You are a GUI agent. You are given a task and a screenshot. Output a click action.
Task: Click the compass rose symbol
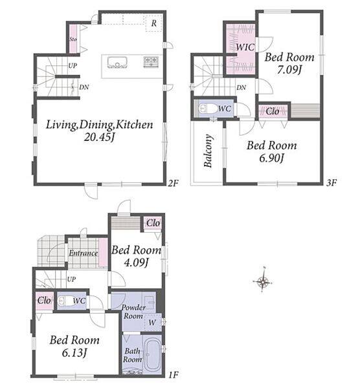point(263,281)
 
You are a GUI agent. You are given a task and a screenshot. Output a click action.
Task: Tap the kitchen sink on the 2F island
point(117,62)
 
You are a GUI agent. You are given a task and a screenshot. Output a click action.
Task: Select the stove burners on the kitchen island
point(151,62)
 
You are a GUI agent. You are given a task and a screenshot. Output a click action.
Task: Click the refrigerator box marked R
point(154,23)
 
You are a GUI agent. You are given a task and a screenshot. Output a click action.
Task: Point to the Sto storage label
point(73,39)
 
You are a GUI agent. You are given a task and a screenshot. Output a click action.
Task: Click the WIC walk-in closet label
point(245,47)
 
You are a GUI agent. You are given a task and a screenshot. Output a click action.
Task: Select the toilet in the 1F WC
point(65,301)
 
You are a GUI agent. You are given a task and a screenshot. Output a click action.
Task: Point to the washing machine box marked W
point(153,323)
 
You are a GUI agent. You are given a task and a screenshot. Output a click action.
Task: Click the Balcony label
point(208,151)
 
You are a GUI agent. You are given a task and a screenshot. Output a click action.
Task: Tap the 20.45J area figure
point(100,137)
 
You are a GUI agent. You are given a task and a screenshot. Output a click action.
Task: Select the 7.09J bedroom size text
point(289,70)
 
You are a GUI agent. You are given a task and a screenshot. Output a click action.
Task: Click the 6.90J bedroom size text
point(271,158)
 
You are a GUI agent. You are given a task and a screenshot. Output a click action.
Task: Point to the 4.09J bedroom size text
point(136,263)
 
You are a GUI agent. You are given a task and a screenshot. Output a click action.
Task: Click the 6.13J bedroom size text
point(74,352)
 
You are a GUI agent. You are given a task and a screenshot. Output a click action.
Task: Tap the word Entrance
point(84,253)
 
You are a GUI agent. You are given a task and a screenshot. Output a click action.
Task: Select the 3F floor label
point(332,183)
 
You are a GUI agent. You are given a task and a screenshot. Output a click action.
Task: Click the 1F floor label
point(174,375)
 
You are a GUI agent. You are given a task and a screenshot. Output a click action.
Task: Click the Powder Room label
point(133,312)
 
